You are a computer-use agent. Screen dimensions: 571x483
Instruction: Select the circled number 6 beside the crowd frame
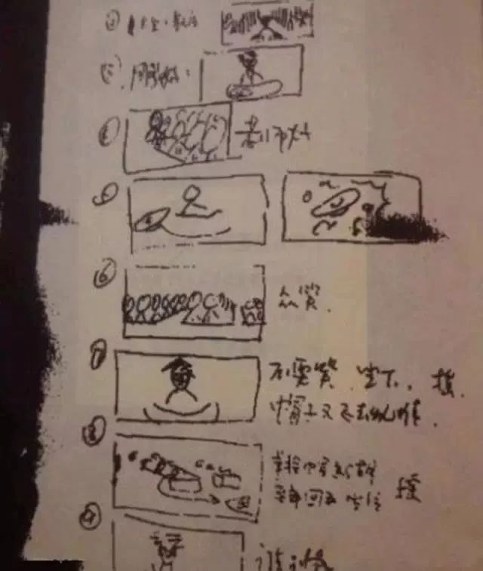coord(103,277)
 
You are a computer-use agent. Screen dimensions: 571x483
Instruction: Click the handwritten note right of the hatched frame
coord(272,137)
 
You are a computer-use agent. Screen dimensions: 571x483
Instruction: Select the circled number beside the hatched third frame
coord(108,137)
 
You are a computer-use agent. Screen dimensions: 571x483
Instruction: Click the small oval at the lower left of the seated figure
coord(150,221)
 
